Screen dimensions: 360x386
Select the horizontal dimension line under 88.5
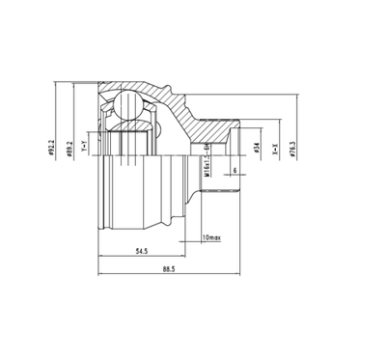[x=171, y=281]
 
